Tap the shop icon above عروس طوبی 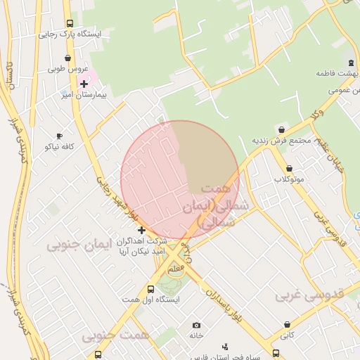pos(67,58)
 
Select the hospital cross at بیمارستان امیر pos(84,84)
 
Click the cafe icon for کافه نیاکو pos(59,136)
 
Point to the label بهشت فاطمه pos(333,73)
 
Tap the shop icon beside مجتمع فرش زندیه pos(282,129)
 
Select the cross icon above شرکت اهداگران pos(141,230)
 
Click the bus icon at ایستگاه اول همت pos(150,288)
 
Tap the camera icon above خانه pos(196,325)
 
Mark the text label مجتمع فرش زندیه pos(282,140)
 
